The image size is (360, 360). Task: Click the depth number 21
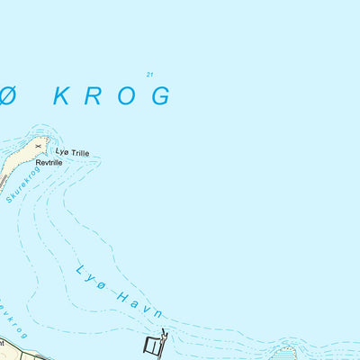[x=148, y=74]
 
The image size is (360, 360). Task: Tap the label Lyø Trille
[x=74, y=152]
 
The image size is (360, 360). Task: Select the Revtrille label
[x=62, y=162]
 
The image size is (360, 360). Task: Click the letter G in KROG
[x=160, y=95]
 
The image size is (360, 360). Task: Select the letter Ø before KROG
[x=7, y=95]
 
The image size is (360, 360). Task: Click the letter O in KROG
[x=126, y=95]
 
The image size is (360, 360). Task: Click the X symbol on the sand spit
[x=38, y=144]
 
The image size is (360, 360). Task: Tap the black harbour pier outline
[x=154, y=343]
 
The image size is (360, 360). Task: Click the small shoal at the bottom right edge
[x=285, y=352]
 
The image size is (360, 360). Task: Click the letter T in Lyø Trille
[x=74, y=152]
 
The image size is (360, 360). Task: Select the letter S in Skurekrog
[x=9, y=198]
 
